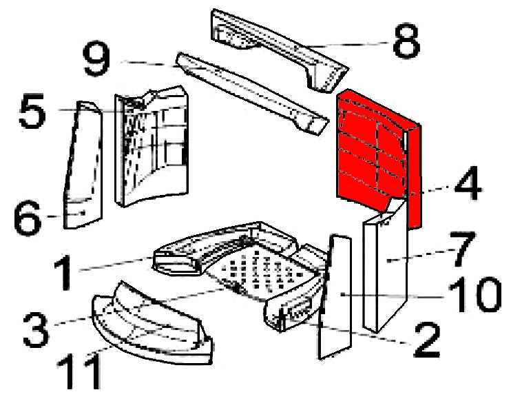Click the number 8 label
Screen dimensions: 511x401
click(x=406, y=41)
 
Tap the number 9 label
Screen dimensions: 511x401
click(x=96, y=59)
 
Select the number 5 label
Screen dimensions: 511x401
click(x=32, y=110)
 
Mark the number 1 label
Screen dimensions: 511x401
click(x=63, y=272)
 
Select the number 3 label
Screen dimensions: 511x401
click(x=36, y=329)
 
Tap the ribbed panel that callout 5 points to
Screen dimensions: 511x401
click(x=152, y=146)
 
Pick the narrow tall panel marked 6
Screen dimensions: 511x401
click(x=83, y=165)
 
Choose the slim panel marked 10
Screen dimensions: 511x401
click(x=335, y=297)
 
